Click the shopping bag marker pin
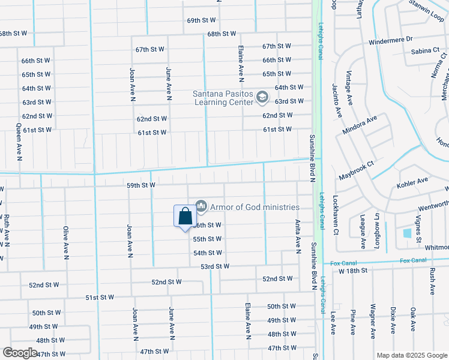pyautogui.click(x=185, y=216)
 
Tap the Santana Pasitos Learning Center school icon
pyautogui.click(x=262, y=96)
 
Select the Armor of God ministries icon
pyautogui.click(x=201, y=206)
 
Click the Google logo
pyautogui.click(x=20, y=353)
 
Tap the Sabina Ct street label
pyautogui.click(x=426, y=52)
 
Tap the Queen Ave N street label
pyautogui.click(x=19, y=142)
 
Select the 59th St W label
pyautogui.click(x=141, y=185)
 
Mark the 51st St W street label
pyautogui.click(x=100, y=297)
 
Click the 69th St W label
pyautogui.click(x=201, y=20)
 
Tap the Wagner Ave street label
pyautogui.click(x=373, y=325)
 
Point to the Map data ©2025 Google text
pyautogui.click(x=412, y=355)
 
